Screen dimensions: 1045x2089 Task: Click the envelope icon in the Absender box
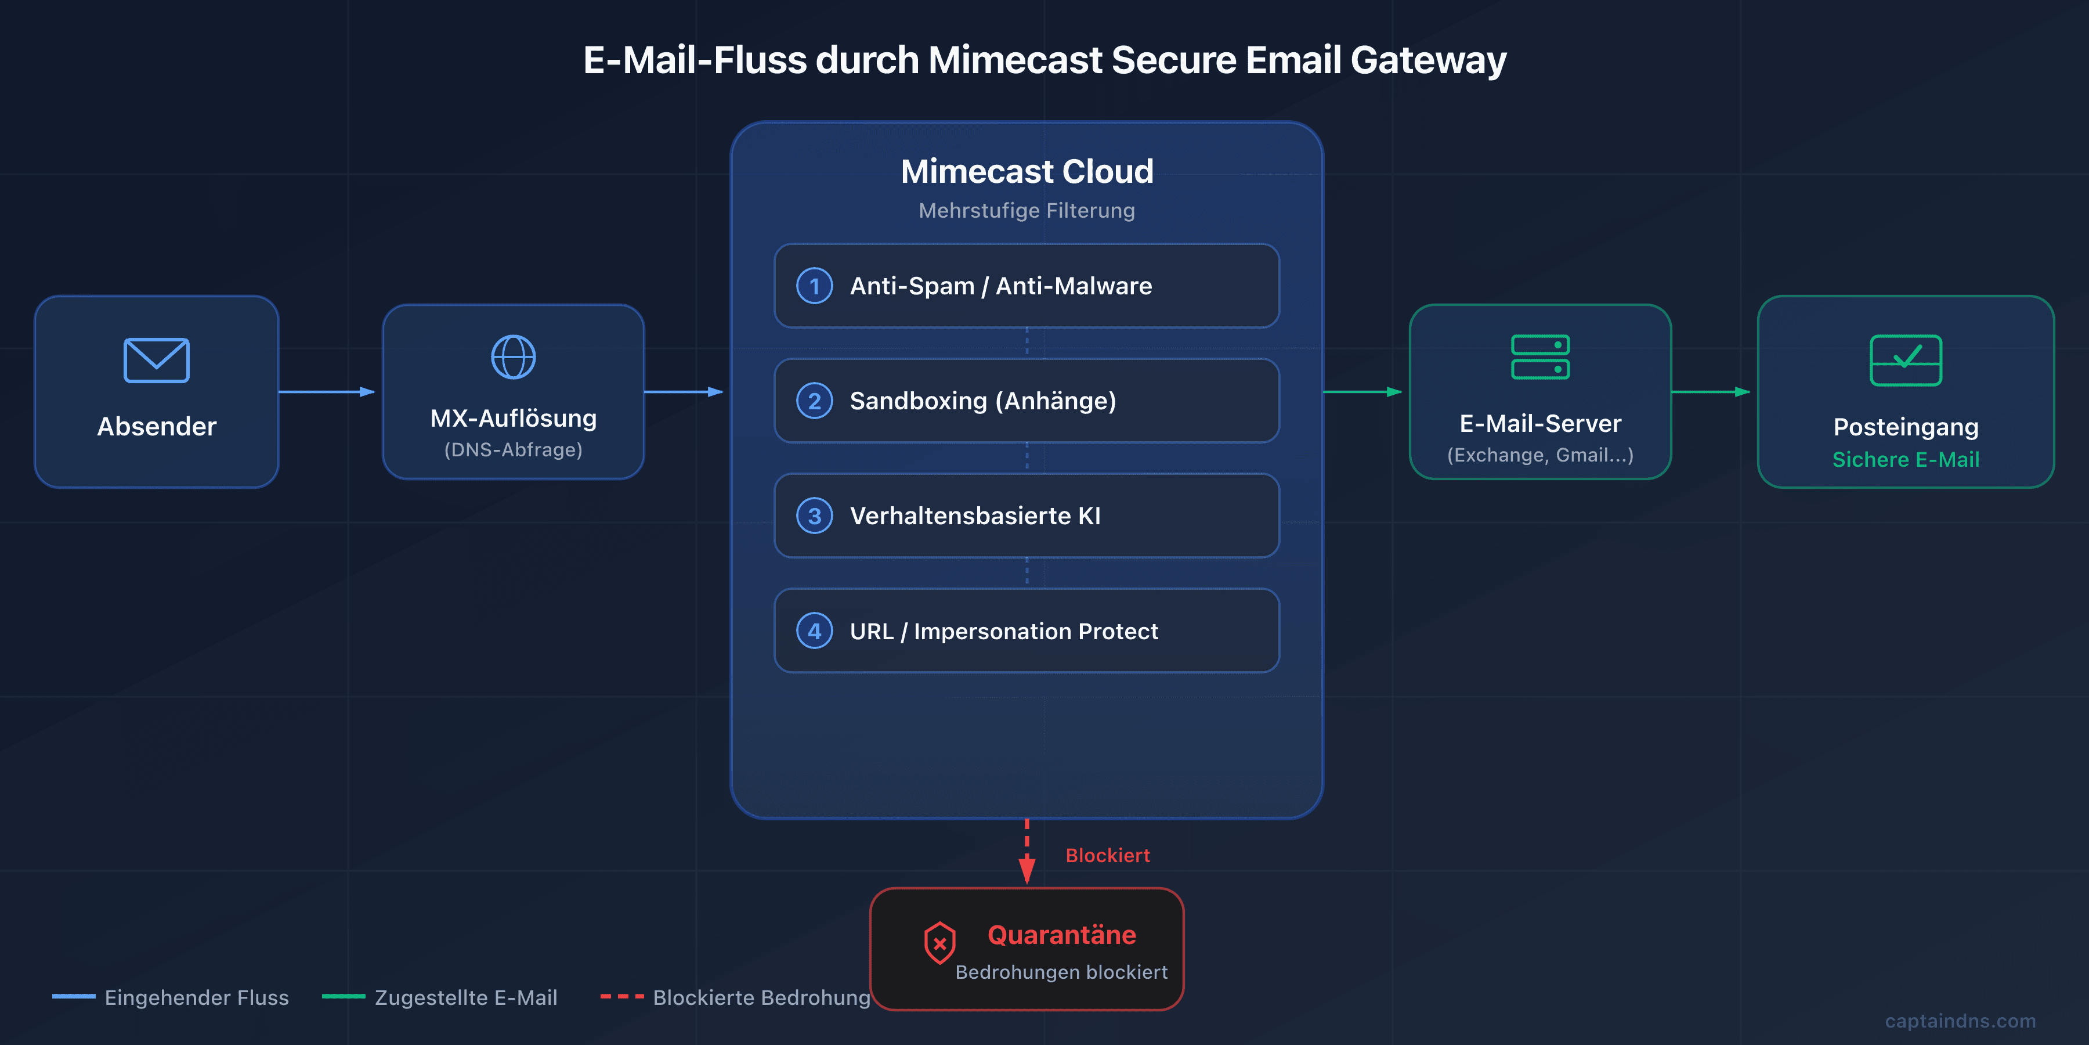157,360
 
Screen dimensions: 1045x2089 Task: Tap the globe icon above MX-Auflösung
514,357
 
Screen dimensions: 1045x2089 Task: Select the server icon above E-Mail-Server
1540,357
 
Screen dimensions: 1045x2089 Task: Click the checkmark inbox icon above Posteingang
1906,360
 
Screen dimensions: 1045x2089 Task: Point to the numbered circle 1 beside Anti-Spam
814,286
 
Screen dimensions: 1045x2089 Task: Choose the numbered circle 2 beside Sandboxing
814,401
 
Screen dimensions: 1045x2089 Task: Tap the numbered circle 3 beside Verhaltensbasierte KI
814,516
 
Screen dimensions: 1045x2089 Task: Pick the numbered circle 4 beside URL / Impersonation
814,630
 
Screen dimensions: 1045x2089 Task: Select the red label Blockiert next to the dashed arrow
1107,855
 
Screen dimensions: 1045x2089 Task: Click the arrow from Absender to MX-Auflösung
327,392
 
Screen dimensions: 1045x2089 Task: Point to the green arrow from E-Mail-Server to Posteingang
1710,392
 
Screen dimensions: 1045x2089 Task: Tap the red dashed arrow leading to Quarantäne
1027,852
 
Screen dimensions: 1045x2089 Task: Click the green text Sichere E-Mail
1906,459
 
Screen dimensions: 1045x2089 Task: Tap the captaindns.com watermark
1960,1021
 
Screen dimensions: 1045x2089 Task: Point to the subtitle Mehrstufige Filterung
1027,210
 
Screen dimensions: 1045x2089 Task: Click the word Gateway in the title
1428,60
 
